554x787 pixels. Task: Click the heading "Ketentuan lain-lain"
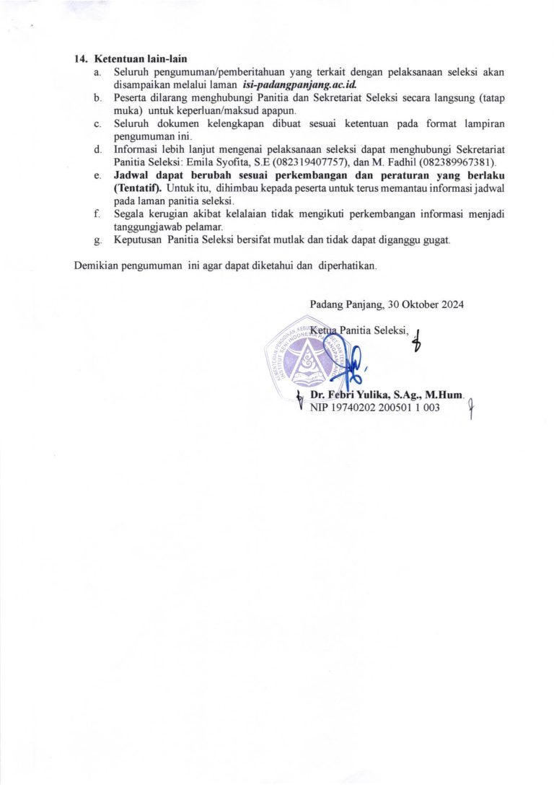pos(141,59)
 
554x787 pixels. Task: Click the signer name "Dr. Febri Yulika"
pos(352,395)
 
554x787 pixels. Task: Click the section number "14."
pos(82,59)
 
